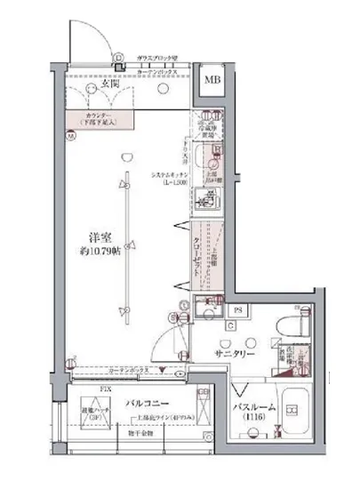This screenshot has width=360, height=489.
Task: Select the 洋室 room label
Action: coord(99,236)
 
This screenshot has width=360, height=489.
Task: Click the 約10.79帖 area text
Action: coord(99,253)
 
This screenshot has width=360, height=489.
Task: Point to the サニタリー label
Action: coord(234,353)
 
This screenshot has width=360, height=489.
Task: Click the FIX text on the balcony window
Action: coord(82,388)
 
